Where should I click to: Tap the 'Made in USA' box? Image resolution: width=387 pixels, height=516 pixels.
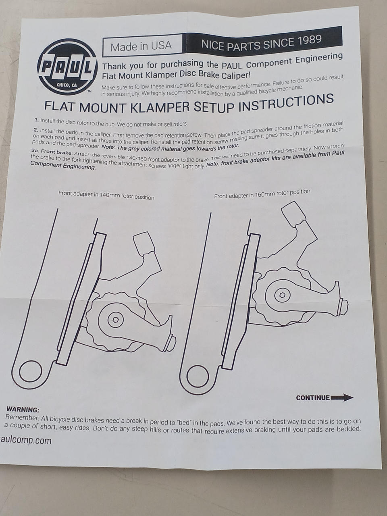pos(142,46)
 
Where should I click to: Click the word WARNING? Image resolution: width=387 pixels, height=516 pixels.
pos(23,410)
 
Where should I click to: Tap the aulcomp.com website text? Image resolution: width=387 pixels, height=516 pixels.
pos(25,440)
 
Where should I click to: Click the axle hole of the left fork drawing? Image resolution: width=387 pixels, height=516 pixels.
pos(31,371)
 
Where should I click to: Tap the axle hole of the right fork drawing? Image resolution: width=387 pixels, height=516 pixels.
pos(198,375)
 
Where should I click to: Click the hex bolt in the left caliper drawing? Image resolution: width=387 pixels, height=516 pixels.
pos(116,320)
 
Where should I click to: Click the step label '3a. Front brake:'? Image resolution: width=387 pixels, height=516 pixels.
pos(52,152)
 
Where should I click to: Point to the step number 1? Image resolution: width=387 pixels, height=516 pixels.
pos(37,120)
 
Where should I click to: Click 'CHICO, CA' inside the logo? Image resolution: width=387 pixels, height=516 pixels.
pos(67,85)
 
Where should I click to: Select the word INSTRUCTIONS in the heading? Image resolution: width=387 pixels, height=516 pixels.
pos(287,102)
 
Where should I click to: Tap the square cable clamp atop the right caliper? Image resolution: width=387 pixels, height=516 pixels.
pos(293,213)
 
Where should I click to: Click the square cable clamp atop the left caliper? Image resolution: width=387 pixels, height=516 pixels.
pos(144,244)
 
